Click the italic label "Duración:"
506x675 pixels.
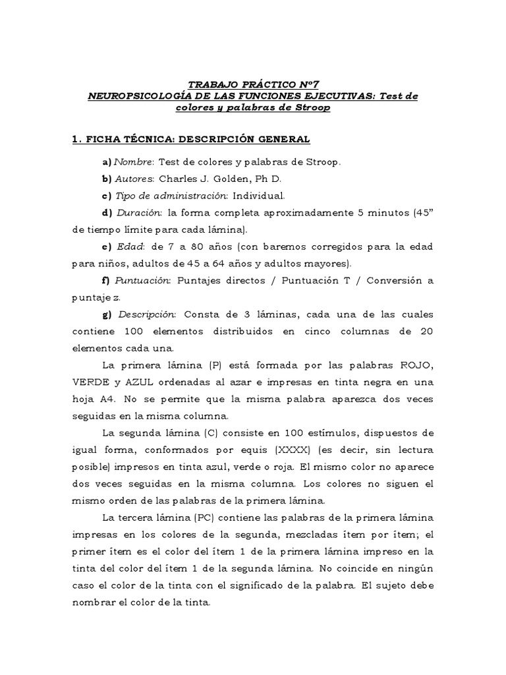point(140,213)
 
